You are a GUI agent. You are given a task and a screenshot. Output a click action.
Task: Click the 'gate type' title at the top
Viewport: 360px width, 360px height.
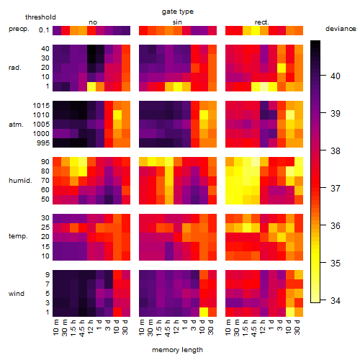click(178, 12)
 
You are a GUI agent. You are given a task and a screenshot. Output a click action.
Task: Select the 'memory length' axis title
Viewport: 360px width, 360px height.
click(178, 350)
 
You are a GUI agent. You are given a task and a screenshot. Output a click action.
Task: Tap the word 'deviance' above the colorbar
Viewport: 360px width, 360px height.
click(341, 29)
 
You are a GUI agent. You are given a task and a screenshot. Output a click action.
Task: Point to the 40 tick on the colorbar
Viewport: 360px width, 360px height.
click(323, 76)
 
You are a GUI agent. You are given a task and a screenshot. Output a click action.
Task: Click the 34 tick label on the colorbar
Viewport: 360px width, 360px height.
click(336, 300)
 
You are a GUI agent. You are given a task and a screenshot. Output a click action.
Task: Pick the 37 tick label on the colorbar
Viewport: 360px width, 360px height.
click(336, 188)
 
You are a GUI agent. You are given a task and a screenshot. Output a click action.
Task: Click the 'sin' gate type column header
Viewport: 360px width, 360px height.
click(177, 22)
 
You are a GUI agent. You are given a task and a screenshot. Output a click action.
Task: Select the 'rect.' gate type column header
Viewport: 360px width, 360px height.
click(262, 22)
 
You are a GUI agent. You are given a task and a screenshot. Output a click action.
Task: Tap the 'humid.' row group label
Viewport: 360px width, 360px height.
click(20, 181)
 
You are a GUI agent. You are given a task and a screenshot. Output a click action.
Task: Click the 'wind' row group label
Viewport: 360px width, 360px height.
click(17, 294)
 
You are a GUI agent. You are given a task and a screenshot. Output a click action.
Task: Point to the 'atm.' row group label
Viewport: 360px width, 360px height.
click(16, 125)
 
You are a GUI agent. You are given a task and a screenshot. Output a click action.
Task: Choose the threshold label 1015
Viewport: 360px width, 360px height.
click(41, 106)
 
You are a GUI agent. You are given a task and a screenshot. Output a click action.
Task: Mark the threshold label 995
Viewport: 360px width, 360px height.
click(43, 143)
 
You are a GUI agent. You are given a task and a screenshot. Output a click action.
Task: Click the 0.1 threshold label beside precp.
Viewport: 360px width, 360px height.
click(44, 30)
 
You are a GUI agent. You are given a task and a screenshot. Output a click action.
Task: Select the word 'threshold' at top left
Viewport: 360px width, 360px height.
click(40, 17)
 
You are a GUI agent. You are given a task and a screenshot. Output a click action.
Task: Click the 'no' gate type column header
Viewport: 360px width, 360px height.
click(93, 22)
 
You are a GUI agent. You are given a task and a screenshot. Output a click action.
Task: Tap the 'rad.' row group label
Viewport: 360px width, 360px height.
click(15, 68)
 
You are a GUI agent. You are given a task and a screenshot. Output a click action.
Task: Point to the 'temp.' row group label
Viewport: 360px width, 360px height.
click(18, 236)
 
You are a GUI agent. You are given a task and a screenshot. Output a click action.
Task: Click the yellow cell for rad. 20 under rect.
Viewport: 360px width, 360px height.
click(282, 68)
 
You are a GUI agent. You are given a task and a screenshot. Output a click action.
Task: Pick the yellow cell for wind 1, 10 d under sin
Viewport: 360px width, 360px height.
click(204, 312)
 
